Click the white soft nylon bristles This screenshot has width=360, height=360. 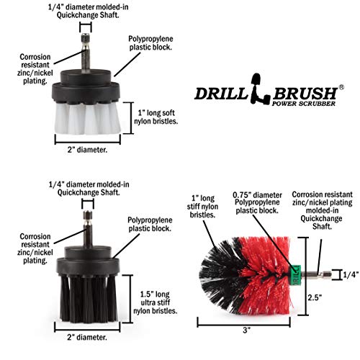(86, 115)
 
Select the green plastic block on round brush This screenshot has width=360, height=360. (295, 274)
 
